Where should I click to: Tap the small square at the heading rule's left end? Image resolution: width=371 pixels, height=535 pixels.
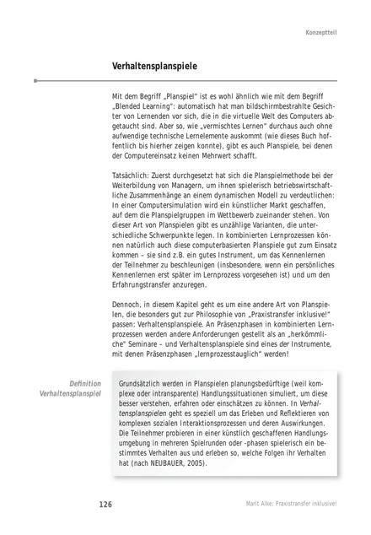click(x=35, y=80)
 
